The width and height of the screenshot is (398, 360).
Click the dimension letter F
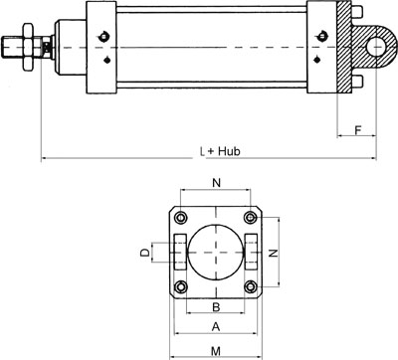(357, 130)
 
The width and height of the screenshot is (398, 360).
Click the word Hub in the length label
(229, 151)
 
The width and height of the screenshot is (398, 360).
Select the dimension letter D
(145, 253)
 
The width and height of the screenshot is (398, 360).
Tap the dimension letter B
(216, 307)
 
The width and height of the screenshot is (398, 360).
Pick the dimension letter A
(216, 327)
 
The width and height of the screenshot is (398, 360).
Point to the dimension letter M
(216, 351)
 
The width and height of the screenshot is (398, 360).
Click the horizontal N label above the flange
(216, 183)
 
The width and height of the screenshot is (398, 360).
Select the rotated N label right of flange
(273, 253)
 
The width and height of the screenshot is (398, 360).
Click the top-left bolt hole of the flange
(181, 218)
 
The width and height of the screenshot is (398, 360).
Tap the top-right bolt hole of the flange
(251, 218)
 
